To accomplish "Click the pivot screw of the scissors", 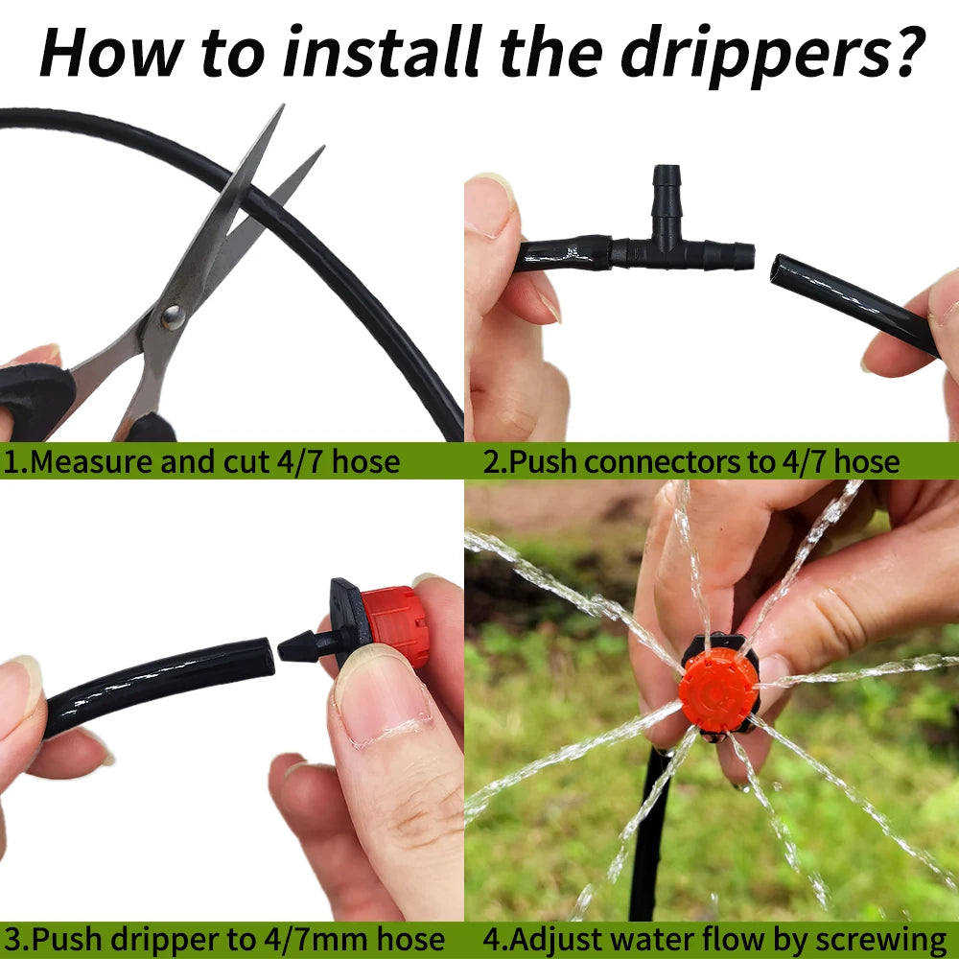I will (173, 317).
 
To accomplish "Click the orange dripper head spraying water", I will (719, 689).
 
